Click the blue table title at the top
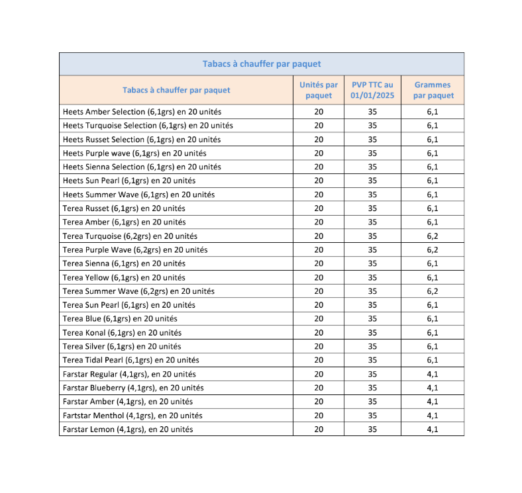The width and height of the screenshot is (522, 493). [x=261, y=64]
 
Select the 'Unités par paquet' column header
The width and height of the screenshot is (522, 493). [x=319, y=90]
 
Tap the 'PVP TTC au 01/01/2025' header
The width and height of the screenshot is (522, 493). [x=372, y=90]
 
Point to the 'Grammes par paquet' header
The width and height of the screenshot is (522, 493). [x=433, y=90]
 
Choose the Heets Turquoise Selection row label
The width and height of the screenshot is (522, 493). [x=148, y=126]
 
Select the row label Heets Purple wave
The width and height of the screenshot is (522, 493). [x=134, y=154]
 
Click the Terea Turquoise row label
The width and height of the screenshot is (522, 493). [x=130, y=236]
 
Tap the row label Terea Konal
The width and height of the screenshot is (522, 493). [x=122, y=333]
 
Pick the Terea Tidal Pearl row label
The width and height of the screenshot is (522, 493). [x=130, y=360]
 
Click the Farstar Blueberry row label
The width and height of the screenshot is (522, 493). [x=133, y=388]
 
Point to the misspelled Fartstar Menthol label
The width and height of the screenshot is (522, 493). [x=132, y=416]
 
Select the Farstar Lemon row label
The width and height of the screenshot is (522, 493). [x=128, y=429]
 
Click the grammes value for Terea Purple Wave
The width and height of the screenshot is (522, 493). [x=433, y=250]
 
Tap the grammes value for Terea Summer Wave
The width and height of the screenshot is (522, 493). [x=433, y=291]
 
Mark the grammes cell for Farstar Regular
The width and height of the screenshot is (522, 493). [x=433, y=374]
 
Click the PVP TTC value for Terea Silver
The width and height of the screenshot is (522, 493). [x=372, y=347]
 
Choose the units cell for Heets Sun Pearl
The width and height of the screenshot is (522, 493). [x=319, y=181]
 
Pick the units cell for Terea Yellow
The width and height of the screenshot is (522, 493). [x=319, y=278]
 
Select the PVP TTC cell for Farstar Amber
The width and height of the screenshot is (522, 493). [x=372, y=402]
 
